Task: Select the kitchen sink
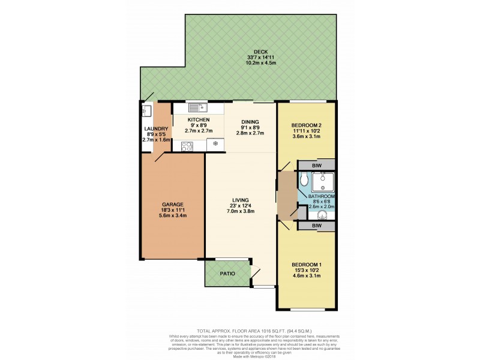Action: (x=197, y=108)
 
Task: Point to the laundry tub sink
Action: (x=146, y=111)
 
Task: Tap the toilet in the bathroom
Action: (x=304, y=179)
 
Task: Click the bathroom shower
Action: (x=323, y=181)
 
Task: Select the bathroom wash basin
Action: (x=323, y=216)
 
